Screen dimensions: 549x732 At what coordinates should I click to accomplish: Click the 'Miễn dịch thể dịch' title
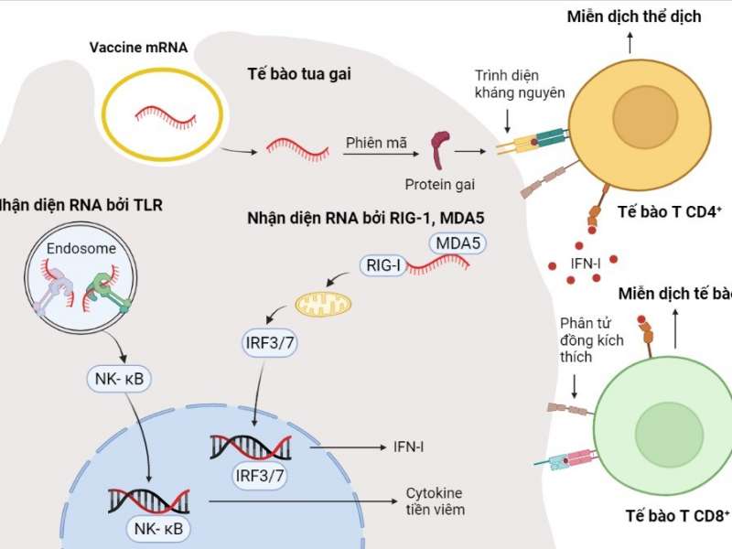[x=633, y=16]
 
